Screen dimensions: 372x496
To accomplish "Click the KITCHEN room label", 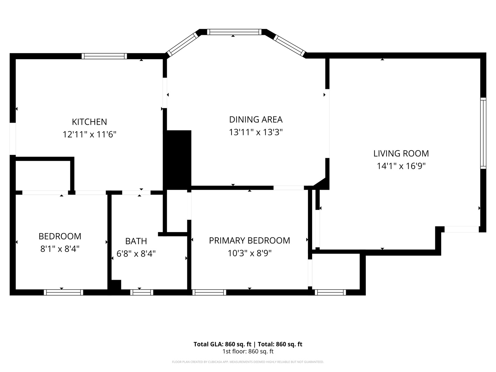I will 89,122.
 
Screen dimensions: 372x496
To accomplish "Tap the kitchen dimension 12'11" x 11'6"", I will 89,134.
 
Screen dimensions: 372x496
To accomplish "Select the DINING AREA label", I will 256,120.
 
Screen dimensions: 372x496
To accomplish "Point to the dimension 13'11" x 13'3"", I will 256,132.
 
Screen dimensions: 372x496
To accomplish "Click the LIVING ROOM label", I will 401,153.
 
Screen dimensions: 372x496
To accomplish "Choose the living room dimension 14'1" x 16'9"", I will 401,166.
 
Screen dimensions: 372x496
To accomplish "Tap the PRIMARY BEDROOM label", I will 249,240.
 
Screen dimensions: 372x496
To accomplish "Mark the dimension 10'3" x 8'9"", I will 249,253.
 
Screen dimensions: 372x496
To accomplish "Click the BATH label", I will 136,241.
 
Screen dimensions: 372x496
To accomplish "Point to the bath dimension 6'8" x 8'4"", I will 136,254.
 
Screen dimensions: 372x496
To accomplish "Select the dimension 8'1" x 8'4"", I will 60,249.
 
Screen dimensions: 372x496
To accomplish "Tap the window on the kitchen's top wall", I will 104,56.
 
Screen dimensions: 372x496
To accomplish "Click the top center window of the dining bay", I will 234,32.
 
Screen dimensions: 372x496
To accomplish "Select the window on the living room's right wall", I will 483,133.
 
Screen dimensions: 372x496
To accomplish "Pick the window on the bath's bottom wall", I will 142,292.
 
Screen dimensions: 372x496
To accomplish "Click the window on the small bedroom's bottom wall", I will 63,292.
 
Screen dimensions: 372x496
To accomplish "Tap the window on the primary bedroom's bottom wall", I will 209,292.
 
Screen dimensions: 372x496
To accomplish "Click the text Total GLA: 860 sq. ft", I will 223,344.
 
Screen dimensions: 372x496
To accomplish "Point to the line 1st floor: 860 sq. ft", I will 248,351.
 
